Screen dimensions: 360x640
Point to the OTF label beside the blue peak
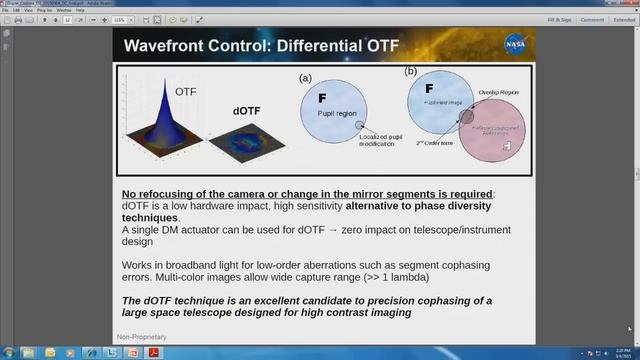click(186, 91)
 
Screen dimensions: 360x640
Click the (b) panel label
click(410, 72)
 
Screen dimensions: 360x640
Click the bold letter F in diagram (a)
click(322, 98)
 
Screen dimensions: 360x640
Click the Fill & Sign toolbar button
click(554, 20)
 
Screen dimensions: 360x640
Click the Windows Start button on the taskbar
click(10, 353)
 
